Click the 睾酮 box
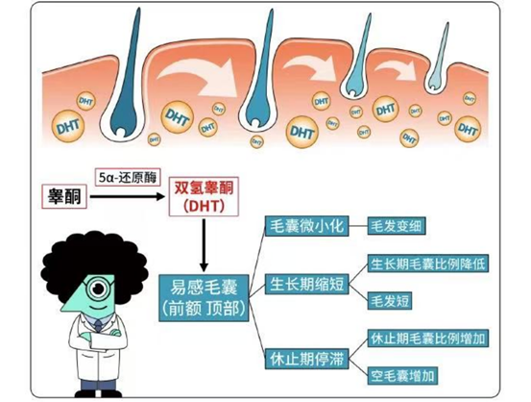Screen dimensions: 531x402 point(64,196)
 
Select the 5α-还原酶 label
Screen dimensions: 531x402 point(128,177)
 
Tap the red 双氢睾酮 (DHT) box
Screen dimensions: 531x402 point(204,196)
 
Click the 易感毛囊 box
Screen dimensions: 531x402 point(204,298)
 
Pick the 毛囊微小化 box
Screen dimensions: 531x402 point(306,226)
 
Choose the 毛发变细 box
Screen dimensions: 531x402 point(397,226)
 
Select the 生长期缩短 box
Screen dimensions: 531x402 point(306,284)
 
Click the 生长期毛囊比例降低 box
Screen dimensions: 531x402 point(428,264)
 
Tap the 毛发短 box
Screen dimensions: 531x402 point(390,301)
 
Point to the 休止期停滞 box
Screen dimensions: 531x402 point(306,359)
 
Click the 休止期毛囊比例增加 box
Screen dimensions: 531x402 point(428,339)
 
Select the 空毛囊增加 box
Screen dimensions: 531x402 point(402,375)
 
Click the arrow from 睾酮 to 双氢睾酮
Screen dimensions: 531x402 point(128,196)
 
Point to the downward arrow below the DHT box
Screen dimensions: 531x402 point(204,245)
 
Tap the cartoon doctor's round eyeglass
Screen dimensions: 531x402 point(99,289)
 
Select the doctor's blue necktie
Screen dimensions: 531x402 point(98,325)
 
